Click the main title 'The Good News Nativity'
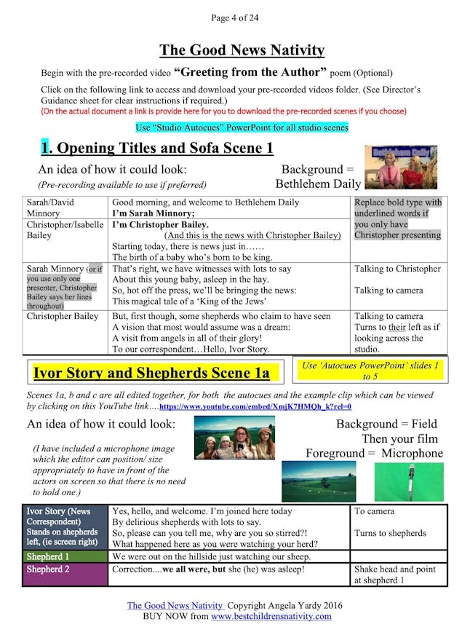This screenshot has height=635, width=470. (242, 50)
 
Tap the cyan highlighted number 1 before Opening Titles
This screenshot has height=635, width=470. (46, 148)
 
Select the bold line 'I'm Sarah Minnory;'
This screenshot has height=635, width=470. (152, 213)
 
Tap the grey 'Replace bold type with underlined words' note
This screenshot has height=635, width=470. (397, 218)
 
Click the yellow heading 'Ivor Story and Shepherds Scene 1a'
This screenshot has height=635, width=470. (151, 374)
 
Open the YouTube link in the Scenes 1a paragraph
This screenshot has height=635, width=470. (255, 406)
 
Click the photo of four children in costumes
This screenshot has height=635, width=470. (234, 438)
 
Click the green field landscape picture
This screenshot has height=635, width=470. (319, 481)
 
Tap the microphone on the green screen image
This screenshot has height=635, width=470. (408, 481)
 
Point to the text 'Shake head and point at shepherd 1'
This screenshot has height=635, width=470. (397, 575)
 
